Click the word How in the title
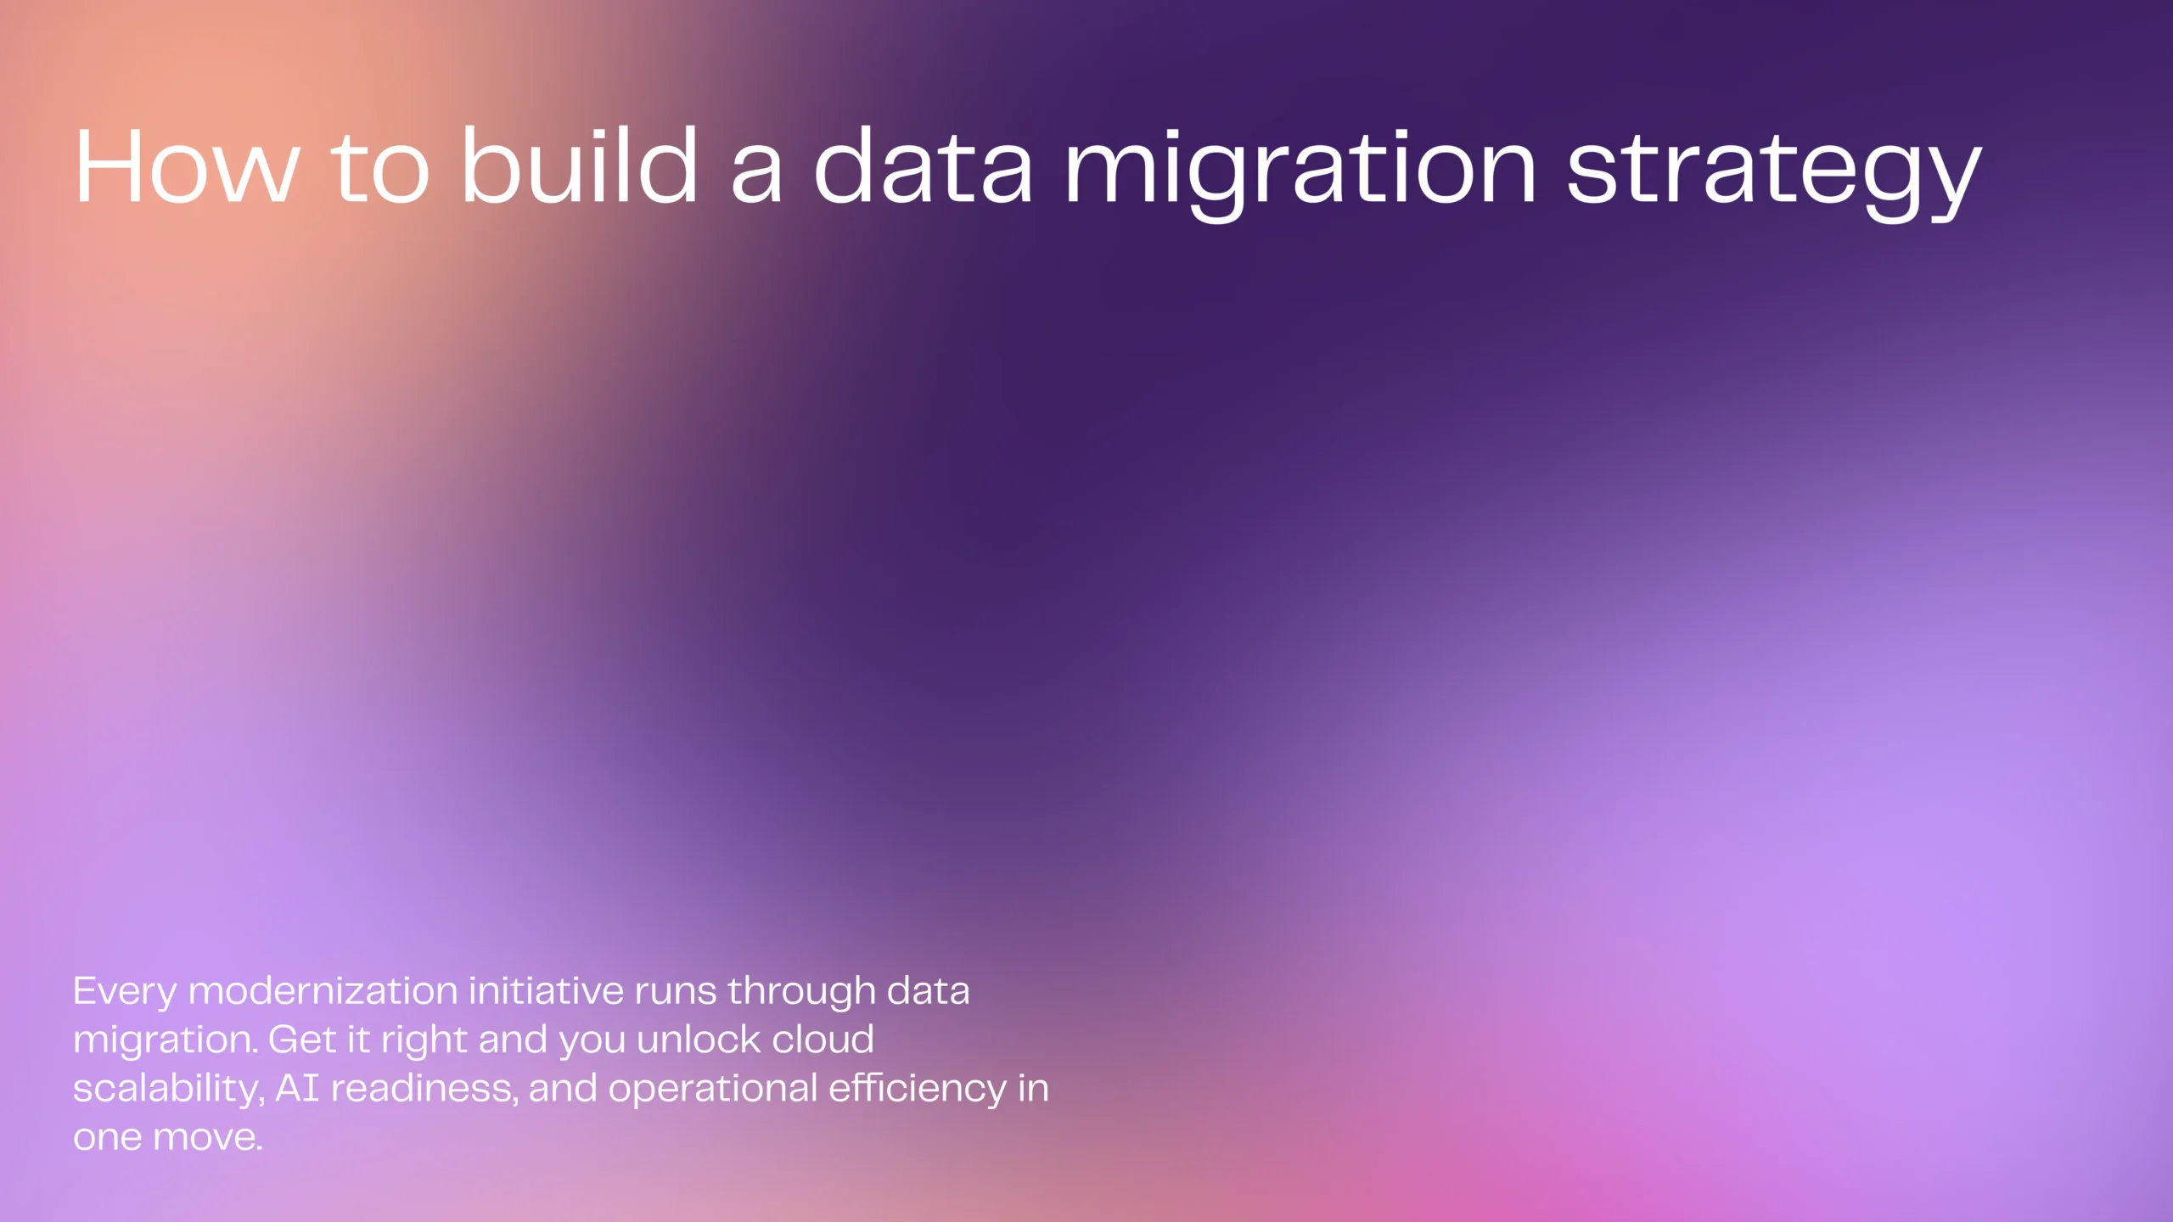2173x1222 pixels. coord(187,166)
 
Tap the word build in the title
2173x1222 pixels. coord(579,166)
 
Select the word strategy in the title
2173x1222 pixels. coord(1774,170)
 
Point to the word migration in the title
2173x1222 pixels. coord(1300,170)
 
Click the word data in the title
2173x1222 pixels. coord(923,166)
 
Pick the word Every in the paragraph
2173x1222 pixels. coord(125,992)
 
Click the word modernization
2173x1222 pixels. coord(323,990)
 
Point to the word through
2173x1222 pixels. coord(801,992)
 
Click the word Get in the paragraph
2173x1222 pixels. coord(302,1040)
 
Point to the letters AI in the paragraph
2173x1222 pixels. coord(297,1088)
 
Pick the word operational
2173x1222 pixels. coord(713,1090)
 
